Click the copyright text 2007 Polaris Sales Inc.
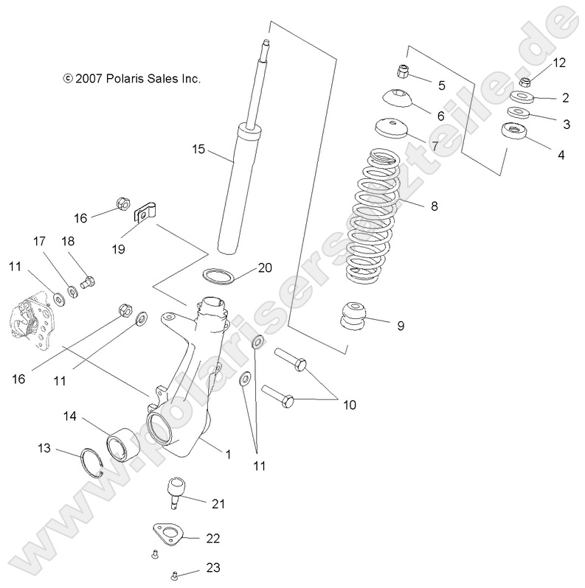131,77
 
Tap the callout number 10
348,405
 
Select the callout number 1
228,455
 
